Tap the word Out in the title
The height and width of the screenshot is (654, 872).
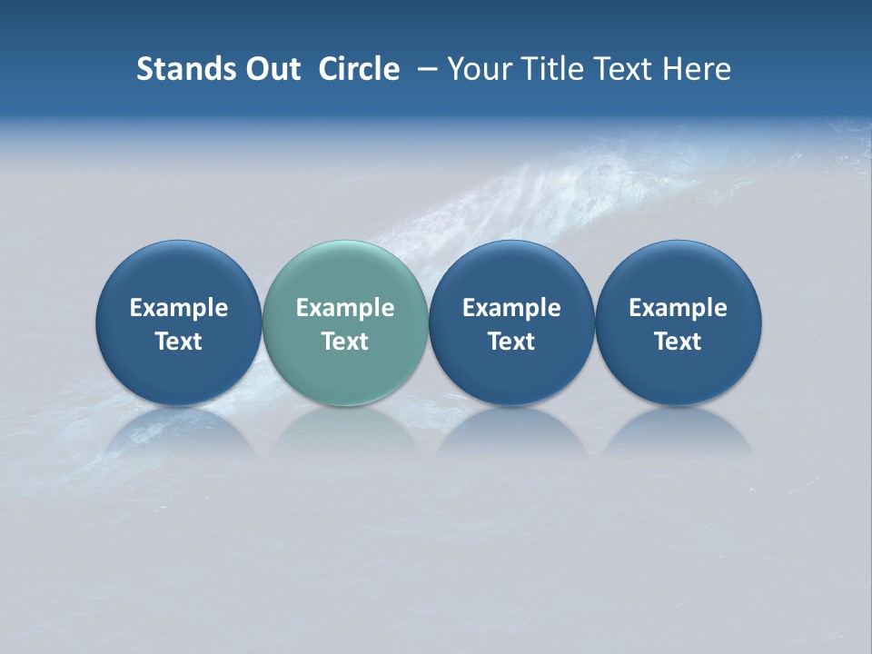(x=271, y=69)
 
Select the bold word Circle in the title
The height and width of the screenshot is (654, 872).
(x=359, y=69)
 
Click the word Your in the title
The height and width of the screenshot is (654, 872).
(x=478, y=69)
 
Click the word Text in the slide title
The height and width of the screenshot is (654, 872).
(x=625, y=69)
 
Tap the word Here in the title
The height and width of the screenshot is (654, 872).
(x=698, y=69)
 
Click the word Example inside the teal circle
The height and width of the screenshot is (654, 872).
(x=345, y=308)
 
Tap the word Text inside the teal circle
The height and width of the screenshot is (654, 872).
(x=345, y=342)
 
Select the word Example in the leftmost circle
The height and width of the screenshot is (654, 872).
(x=178, y=308)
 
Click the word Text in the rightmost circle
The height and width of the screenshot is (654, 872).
(x=679, y=342)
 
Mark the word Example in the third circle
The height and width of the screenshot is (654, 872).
(x=511, y=308)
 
